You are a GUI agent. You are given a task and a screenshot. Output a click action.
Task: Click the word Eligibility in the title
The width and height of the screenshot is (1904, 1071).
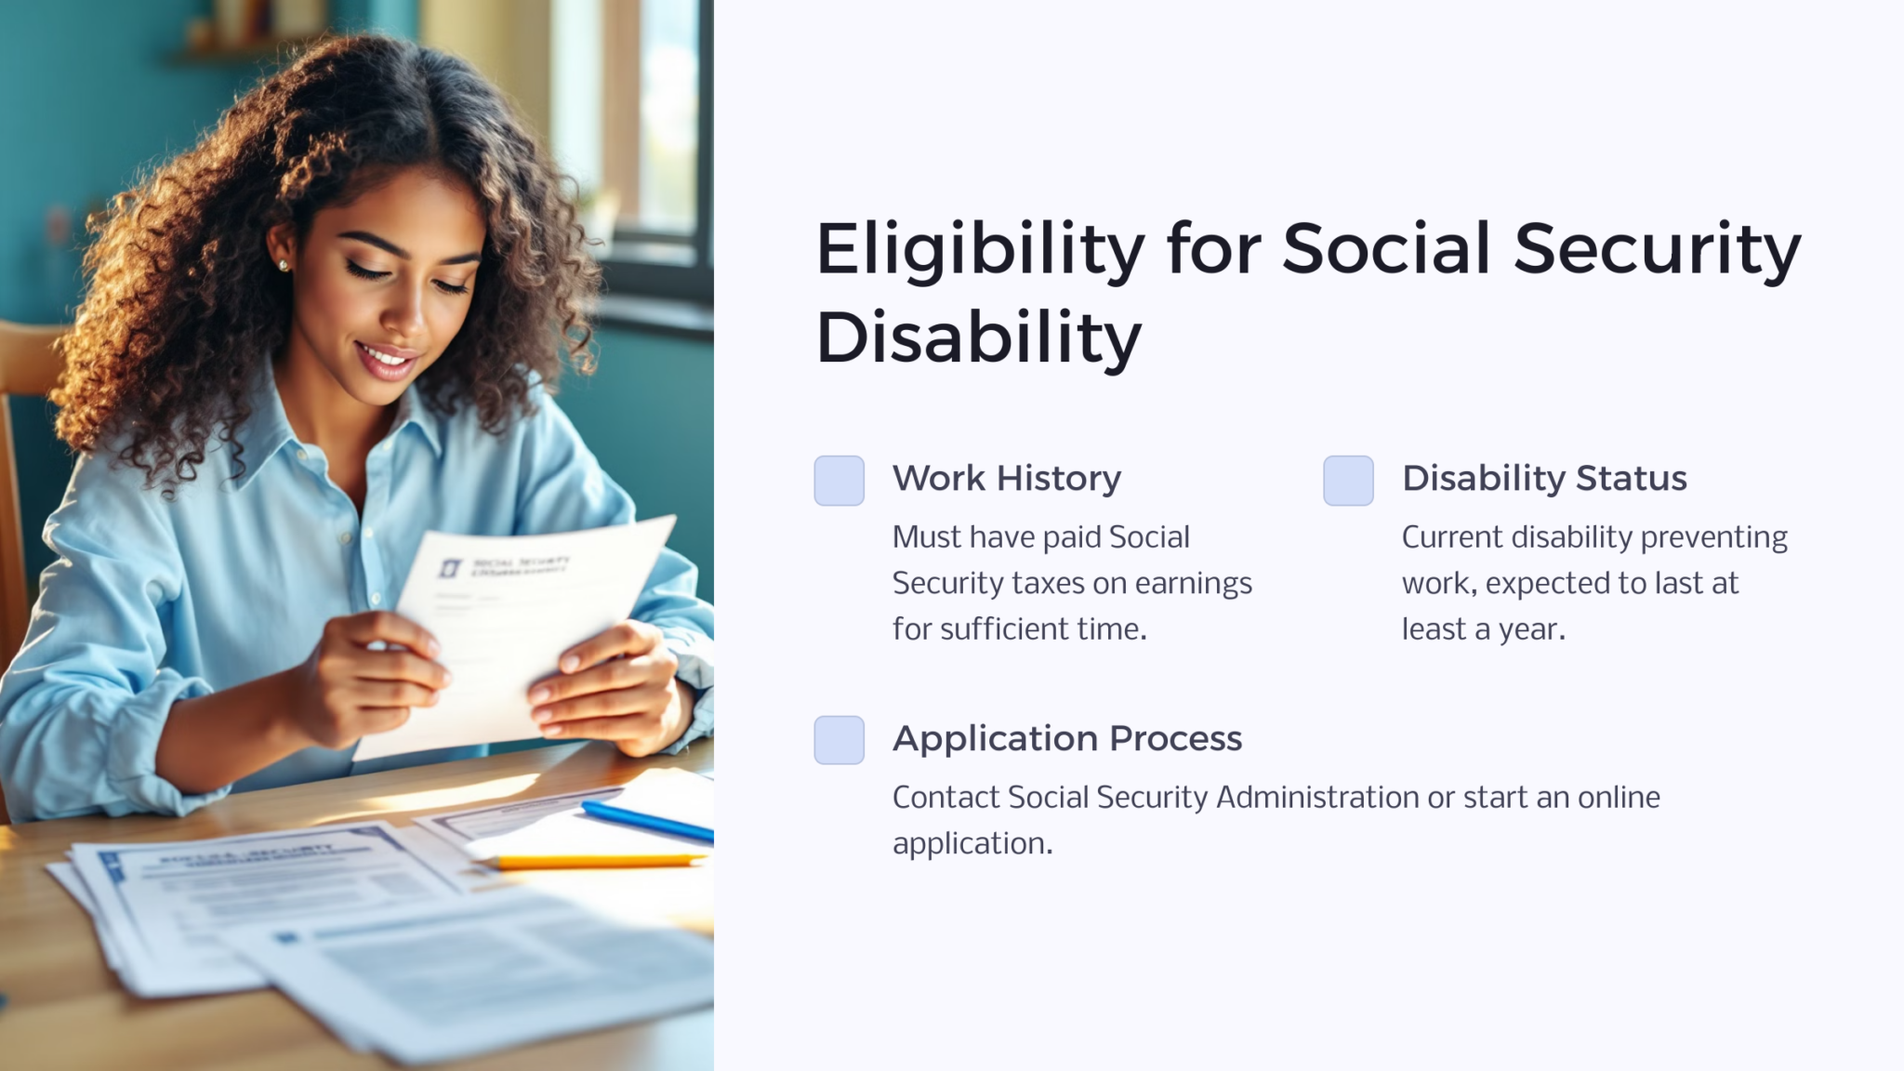point(979,249)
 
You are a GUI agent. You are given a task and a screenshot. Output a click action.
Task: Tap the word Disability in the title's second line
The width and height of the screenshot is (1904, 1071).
point(978,337)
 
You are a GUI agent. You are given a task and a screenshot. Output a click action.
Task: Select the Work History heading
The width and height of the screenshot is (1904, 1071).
point(1006,478)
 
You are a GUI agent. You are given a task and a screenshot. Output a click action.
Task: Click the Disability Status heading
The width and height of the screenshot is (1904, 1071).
point(1543,478)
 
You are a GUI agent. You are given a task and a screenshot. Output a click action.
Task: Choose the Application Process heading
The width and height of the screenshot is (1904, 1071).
point(1066,738)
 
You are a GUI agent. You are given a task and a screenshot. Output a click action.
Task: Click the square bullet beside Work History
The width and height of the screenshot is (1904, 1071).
point(839,481)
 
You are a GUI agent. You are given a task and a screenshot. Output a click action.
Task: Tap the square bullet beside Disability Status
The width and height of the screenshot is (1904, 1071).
point(1348,481)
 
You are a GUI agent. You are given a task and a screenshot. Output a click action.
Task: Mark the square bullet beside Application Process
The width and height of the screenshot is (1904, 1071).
point(839,740)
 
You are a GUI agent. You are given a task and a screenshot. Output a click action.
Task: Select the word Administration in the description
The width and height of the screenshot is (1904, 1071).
point(1316,798)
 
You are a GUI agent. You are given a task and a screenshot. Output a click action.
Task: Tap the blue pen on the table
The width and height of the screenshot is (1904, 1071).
point(647,821)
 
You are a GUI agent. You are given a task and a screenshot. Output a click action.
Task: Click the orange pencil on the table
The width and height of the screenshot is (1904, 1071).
point(595,862)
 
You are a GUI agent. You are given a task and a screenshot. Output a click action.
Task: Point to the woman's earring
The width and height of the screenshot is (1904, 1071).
point(284,266)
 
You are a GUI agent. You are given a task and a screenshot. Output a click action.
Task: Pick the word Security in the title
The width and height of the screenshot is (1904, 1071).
point(1657,249)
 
